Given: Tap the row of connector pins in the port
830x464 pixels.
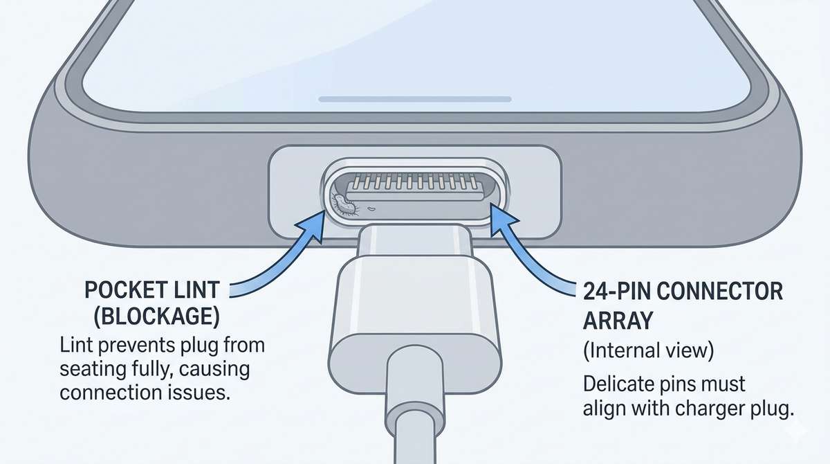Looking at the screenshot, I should (414, 186).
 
